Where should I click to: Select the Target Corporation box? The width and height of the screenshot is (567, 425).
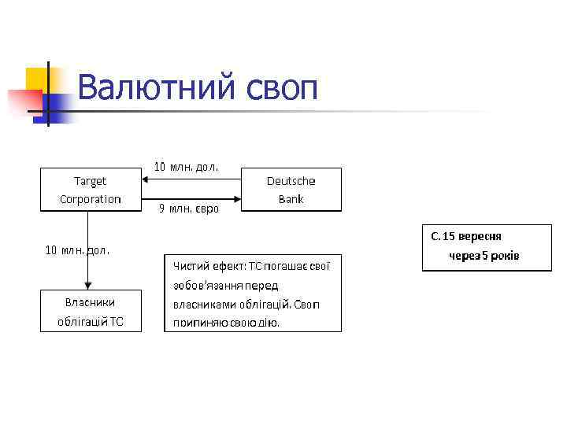coord(91,189)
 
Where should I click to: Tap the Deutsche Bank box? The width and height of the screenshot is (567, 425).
coord(291,189)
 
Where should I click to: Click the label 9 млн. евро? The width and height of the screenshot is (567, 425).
coord(188,209)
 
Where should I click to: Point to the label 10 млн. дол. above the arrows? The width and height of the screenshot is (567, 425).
coord(186,167)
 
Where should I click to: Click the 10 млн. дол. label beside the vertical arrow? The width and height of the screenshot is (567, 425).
coord(77,250)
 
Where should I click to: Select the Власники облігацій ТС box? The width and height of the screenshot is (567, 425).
coord(91,310)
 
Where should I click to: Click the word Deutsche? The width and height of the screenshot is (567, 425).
coord(291,180)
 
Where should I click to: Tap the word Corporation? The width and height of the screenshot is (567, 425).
coord(91,199)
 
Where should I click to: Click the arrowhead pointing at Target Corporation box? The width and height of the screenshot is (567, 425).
coord(146,180)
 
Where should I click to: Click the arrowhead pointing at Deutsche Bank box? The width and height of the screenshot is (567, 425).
coord(236,198)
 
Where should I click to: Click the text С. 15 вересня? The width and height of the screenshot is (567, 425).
coord(466,236)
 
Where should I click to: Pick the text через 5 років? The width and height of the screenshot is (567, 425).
coord(484,257)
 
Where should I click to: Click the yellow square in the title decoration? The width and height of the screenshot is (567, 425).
coord(37,79)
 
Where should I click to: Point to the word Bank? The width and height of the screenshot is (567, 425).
coord(291,199)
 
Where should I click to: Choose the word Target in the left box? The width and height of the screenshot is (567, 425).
coord(91,180)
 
